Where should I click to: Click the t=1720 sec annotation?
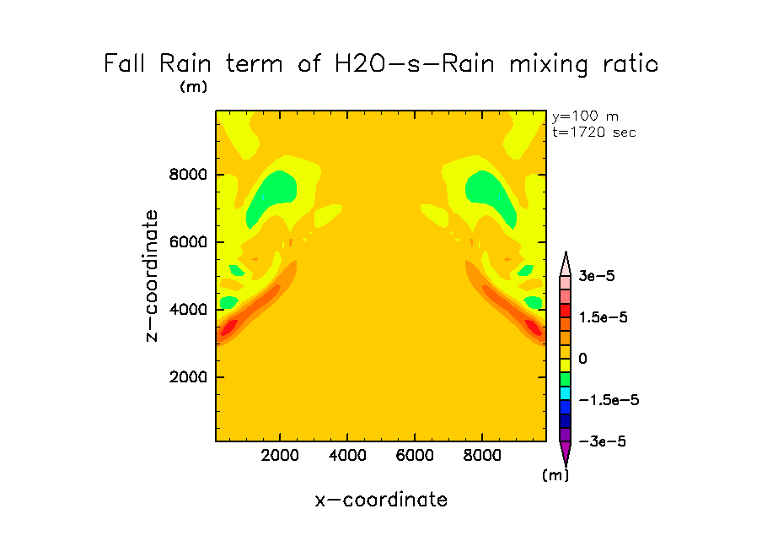[x=593, y=133]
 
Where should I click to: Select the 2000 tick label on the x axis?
[x=281, y=457]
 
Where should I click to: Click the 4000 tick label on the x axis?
[x=348, y=457]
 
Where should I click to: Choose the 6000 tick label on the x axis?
[x=415, y=457]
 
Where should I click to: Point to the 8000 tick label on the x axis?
[x=482, y=457]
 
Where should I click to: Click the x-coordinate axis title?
[x=381, y=500]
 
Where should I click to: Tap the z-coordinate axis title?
[x=152, y=276]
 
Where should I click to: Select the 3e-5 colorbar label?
[x=599, y=276]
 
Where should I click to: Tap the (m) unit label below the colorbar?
[x=555, y=475]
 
